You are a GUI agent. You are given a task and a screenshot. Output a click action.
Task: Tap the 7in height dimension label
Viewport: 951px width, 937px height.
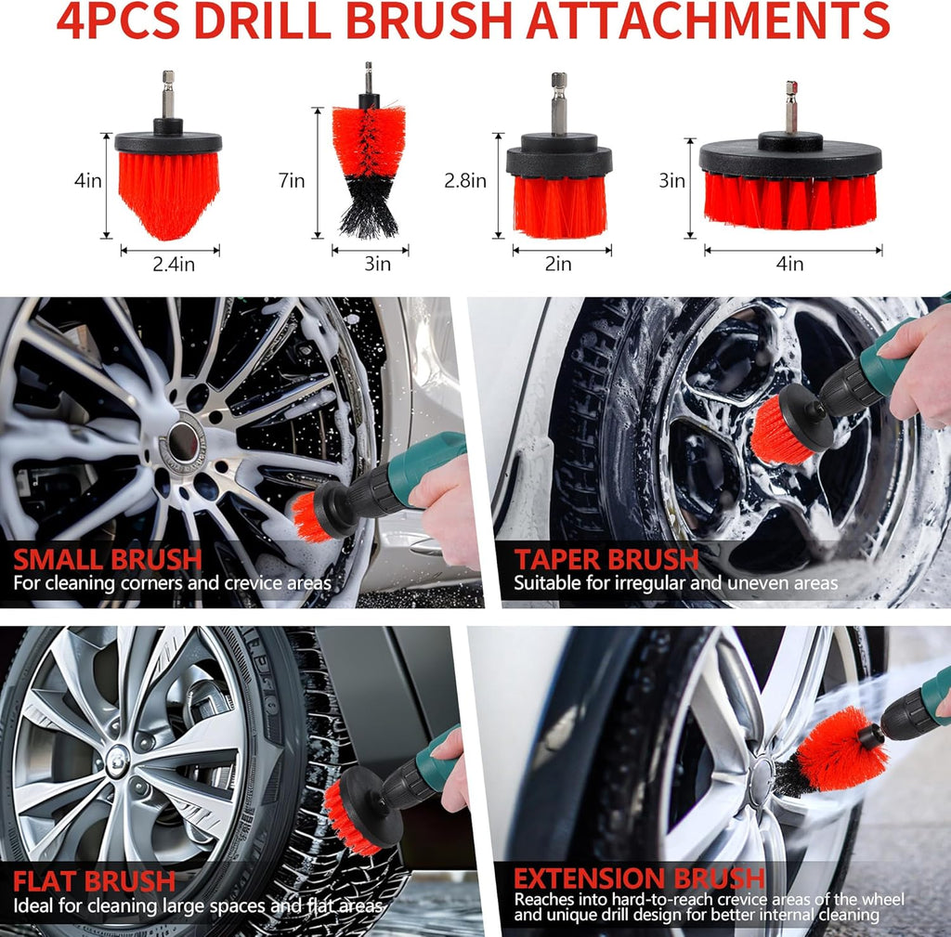coord(291,180)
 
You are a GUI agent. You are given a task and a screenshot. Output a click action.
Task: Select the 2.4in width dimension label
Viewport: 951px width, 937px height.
coord(174,264)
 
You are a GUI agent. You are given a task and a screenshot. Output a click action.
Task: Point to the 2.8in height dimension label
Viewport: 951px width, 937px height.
coord(465,180)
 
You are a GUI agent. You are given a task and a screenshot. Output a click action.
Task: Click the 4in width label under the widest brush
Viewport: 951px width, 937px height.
coord(789,264)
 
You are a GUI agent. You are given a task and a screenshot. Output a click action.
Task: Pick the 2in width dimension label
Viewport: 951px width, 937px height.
coord(558,264)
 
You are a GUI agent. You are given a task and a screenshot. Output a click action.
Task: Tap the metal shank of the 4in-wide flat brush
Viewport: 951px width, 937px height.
coord(791,107)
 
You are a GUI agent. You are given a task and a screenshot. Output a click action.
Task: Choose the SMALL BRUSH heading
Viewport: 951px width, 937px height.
coord(108,559)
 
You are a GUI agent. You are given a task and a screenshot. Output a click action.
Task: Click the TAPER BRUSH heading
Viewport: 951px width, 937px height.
coord(606,559)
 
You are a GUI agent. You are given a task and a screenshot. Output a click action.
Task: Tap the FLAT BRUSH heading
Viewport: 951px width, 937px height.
coord(94,881)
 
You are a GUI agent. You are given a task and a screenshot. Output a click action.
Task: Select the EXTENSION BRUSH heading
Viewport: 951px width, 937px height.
coord(639,878)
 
